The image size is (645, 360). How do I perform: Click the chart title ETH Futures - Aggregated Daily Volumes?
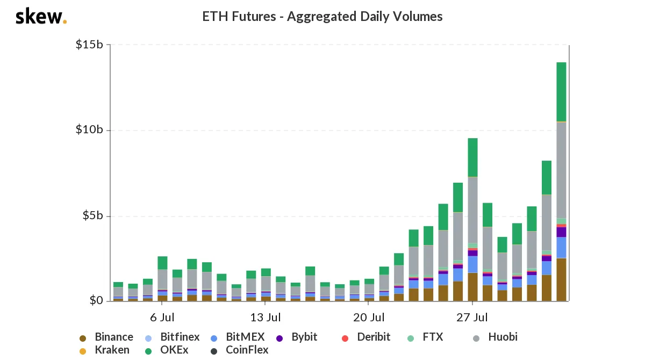pyautogui.click(x=322, y=17)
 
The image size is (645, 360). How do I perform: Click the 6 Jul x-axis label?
pyautogui.click(x=162, y=317)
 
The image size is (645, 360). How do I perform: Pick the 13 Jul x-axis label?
pyautogui.click(x=266, y=317)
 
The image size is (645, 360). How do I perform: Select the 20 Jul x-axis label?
pyautogui.click(x=369, y=317)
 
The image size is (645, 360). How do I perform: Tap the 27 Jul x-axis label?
pyautogui.click(x=472, y=317)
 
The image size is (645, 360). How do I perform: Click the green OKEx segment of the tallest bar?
pyautogui.click(x=561, y=92)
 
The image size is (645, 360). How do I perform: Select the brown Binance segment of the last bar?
pyautogui.click(x=561, y=279)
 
